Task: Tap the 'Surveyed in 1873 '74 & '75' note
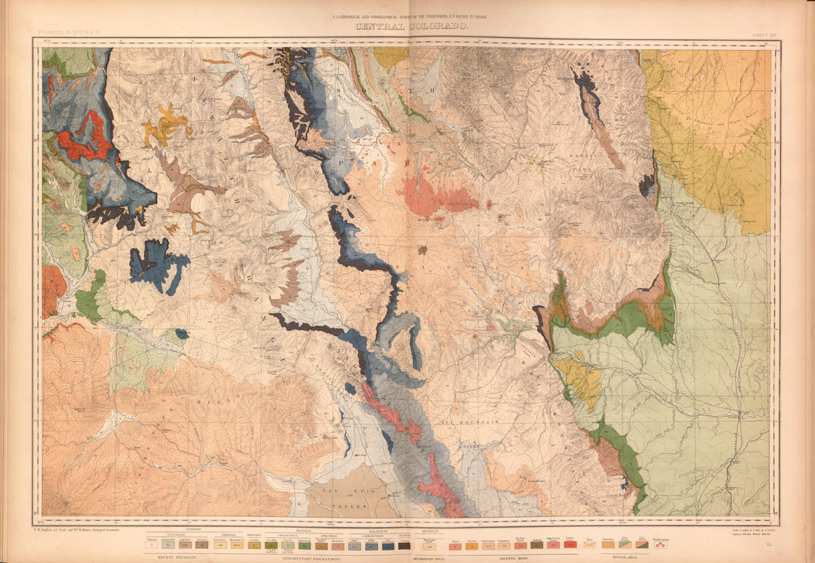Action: coord(73,33)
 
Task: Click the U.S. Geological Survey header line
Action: coord(413,16)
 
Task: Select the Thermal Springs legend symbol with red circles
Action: coord(660,544)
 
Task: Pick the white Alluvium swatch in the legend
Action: coord(152,544)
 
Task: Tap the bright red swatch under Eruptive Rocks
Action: coord(570,544)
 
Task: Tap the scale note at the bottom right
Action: coord(744,532)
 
